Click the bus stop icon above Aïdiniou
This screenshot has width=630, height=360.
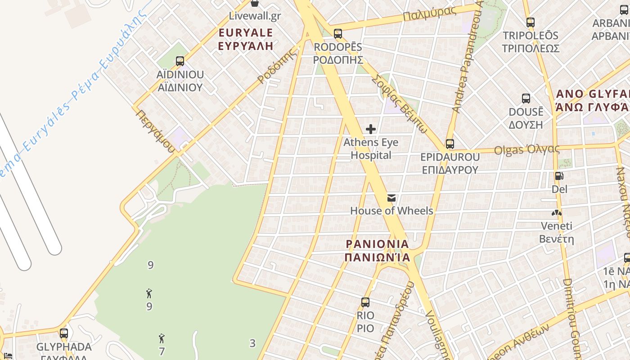tap(180, 61)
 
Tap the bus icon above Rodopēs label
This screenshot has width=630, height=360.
tap(338, 33)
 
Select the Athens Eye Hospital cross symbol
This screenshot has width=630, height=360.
tap(371, 130)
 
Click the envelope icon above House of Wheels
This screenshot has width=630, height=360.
tap(391, 198)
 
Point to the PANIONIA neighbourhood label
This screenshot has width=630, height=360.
tap(378, 251)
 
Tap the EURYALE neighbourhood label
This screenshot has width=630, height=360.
tap(246, 39)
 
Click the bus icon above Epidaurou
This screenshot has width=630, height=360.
tap(450, 144)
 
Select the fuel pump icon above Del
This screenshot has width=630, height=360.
tap(559, 176)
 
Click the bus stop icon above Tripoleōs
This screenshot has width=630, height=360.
tap(531, 22)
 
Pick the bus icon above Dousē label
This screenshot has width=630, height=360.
tap(526, 99)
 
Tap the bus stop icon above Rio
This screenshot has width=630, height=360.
tap(365, 302)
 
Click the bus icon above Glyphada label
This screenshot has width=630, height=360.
tap(64, 333)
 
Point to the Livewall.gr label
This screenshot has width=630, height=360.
tap(255, 16)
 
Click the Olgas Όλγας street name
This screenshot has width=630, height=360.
tap(526, 149)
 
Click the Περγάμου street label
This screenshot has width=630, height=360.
tap(155, 130)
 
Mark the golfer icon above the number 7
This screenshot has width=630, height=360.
tap(162, 338)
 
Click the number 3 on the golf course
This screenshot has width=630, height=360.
tap(252, 343)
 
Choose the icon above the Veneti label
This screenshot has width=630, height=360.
tap(557, 213)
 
